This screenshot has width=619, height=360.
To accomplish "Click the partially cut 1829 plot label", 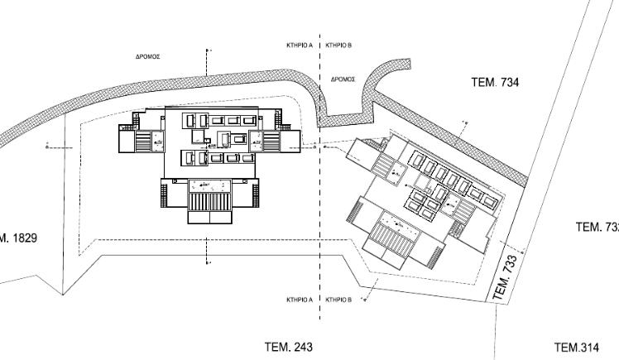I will click(17, 238).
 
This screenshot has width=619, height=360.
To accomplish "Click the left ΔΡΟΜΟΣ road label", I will click(148, 59).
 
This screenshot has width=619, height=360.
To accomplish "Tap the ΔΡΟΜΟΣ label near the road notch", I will click(343, 79).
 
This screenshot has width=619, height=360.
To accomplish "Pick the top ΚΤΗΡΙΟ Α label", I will click(299, 46).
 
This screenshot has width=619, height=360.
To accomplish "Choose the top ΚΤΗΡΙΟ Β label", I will click(339, 46).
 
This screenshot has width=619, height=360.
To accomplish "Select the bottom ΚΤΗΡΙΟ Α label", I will click(299, 299).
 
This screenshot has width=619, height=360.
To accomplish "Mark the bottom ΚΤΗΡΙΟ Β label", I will click(339, 299).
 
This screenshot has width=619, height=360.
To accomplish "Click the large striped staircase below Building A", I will click(209, 201).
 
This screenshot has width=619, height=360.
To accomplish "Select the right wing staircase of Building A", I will click(270, 141).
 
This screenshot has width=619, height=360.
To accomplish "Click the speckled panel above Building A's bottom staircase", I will click(209, 183).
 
